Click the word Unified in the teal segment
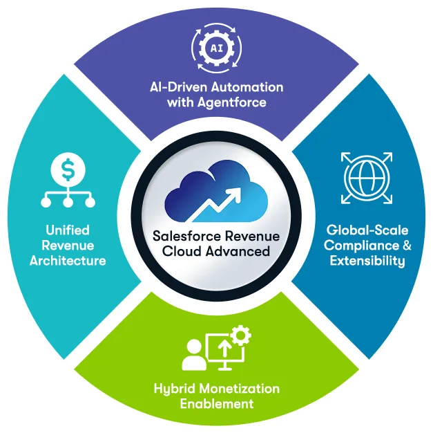[x=68, y=230]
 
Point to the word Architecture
[x=68, y=261]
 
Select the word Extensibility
[x=367, y=261]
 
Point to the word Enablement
[x=216, y=404]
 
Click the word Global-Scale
[x=367, y=230]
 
